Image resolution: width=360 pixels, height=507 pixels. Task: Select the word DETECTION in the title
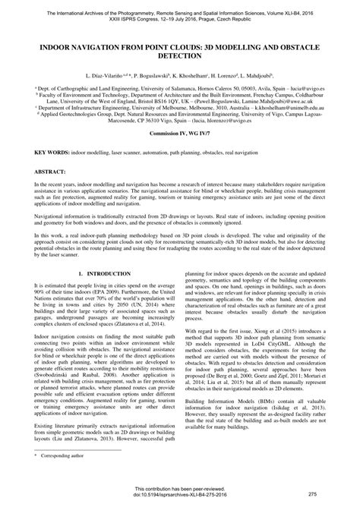(180, 56)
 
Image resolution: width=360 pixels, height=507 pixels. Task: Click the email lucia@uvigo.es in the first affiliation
(308, 89)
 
